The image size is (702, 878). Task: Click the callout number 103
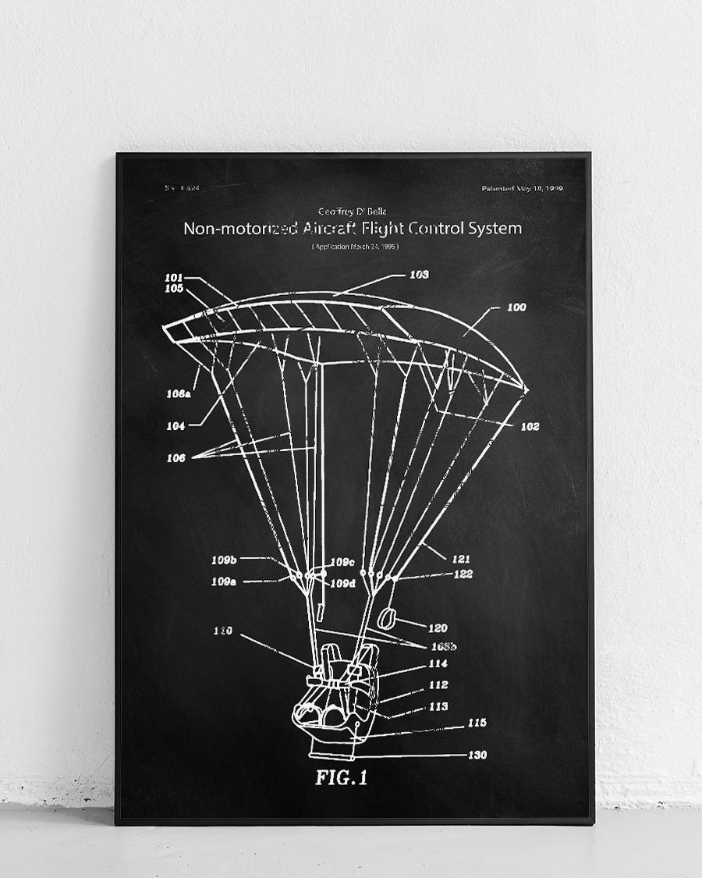click(419, 275)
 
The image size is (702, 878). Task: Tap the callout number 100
click(516, 307)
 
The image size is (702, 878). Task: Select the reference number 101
click(173, 277)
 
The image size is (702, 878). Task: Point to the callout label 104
click(175, 426)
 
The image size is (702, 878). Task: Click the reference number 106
click(176, 458)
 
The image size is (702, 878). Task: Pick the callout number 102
click(530, 427)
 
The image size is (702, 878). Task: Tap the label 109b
click(224, 559)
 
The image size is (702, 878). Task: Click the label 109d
click(342, 583)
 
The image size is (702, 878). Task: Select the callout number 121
click(461, 559)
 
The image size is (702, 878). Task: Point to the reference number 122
click(463, 574)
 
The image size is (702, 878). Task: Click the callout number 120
click(438, 627)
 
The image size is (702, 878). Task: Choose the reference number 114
click(438, 664)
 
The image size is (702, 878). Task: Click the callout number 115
click(477, 723)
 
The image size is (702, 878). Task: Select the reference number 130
click(477, 755)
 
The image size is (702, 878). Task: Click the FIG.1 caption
click(341, 777)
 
